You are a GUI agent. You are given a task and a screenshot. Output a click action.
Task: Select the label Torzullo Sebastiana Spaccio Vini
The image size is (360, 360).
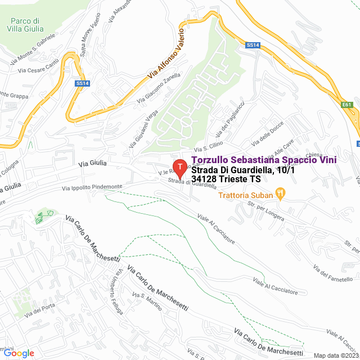(264, 160)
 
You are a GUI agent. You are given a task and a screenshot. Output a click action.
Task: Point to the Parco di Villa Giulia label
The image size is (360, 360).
(25, 25)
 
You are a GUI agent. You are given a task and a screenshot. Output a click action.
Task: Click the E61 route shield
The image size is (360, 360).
(346, 104)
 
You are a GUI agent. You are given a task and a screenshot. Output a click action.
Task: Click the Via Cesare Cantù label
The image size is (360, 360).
(38, 70)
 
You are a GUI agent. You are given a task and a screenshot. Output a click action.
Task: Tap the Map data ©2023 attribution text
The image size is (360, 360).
(336, 355)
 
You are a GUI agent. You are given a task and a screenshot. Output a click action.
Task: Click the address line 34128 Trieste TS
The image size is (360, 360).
(226, 179)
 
